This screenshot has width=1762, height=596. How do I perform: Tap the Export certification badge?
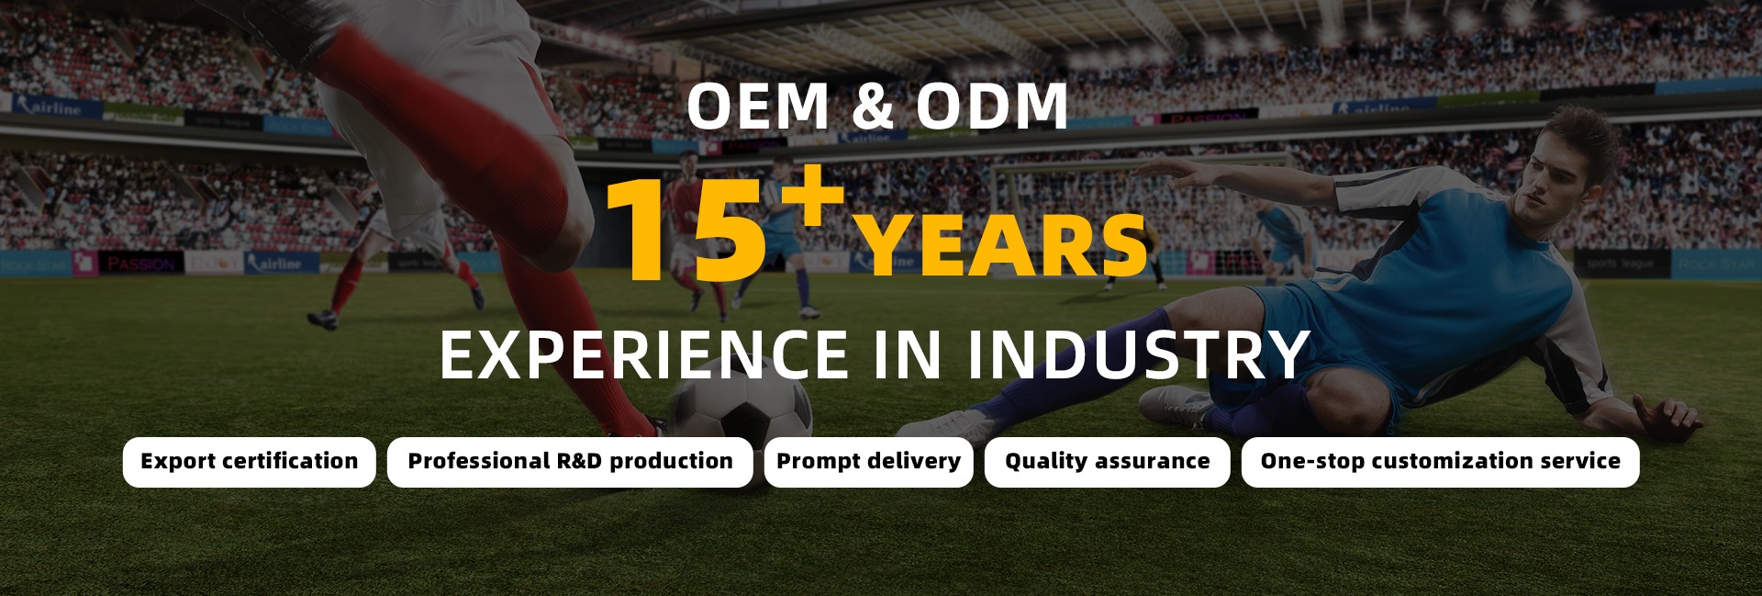coord(250,462)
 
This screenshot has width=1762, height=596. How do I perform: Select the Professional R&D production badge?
coord(570,462)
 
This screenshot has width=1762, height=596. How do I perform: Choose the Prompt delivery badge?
coord(868,462)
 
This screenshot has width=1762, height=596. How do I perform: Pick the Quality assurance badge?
coord(1107,462)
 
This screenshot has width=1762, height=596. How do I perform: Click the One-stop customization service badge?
coord(1440,462)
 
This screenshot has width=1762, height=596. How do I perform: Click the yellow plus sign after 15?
coord(808,195)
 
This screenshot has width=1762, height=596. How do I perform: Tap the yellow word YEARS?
coord(1002,245)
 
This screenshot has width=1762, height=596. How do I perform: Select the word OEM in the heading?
coord(758,106)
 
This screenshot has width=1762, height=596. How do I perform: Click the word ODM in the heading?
coord(992,106)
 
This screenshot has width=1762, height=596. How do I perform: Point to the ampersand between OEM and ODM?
coord(873,106)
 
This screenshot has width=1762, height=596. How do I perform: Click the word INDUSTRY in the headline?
coord(1139,354)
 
